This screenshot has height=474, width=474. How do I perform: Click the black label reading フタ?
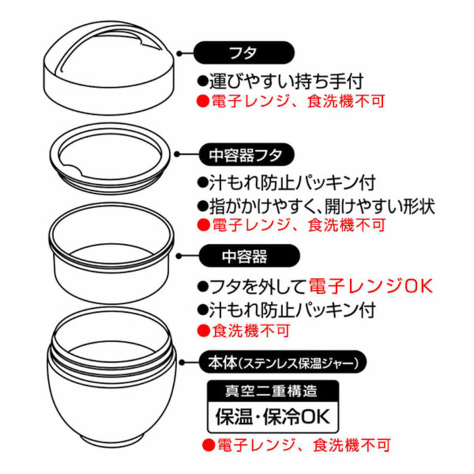tap(243, 51)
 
